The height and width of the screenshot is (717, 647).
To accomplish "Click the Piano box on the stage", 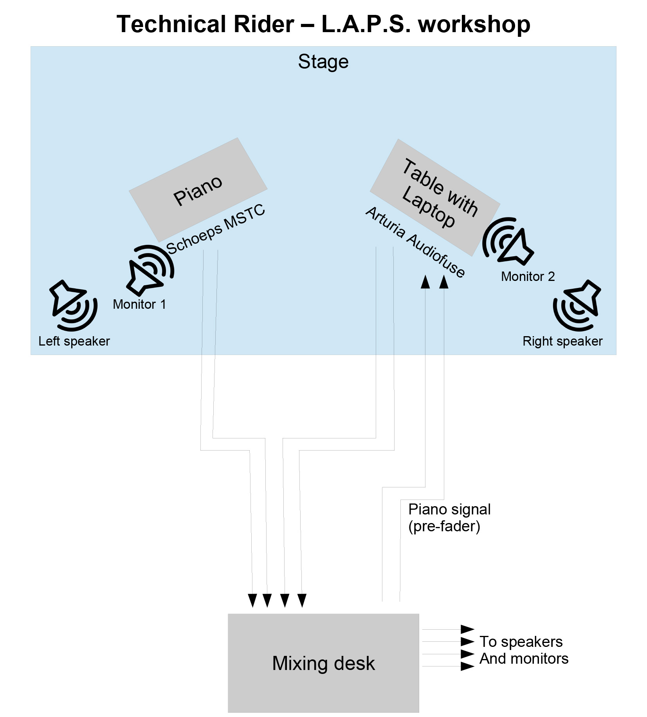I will click(198, 190).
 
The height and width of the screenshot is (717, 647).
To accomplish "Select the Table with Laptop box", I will click(435, 197).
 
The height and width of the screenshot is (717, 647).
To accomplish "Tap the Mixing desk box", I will click(323, 663).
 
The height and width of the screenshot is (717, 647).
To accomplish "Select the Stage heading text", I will click(323, 62).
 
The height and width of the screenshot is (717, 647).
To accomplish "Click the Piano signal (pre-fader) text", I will click(449, 518).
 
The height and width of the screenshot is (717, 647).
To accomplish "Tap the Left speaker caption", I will click(74, 341).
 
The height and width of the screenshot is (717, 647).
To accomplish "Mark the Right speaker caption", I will click(562, 341).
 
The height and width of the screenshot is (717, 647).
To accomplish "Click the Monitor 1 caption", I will click(139, 304).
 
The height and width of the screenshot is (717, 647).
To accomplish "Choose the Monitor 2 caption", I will click(528, 276).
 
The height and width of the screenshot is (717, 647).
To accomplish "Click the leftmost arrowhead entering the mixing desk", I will click(252, 600).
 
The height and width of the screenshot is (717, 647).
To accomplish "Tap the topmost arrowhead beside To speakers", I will click(467, 629).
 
